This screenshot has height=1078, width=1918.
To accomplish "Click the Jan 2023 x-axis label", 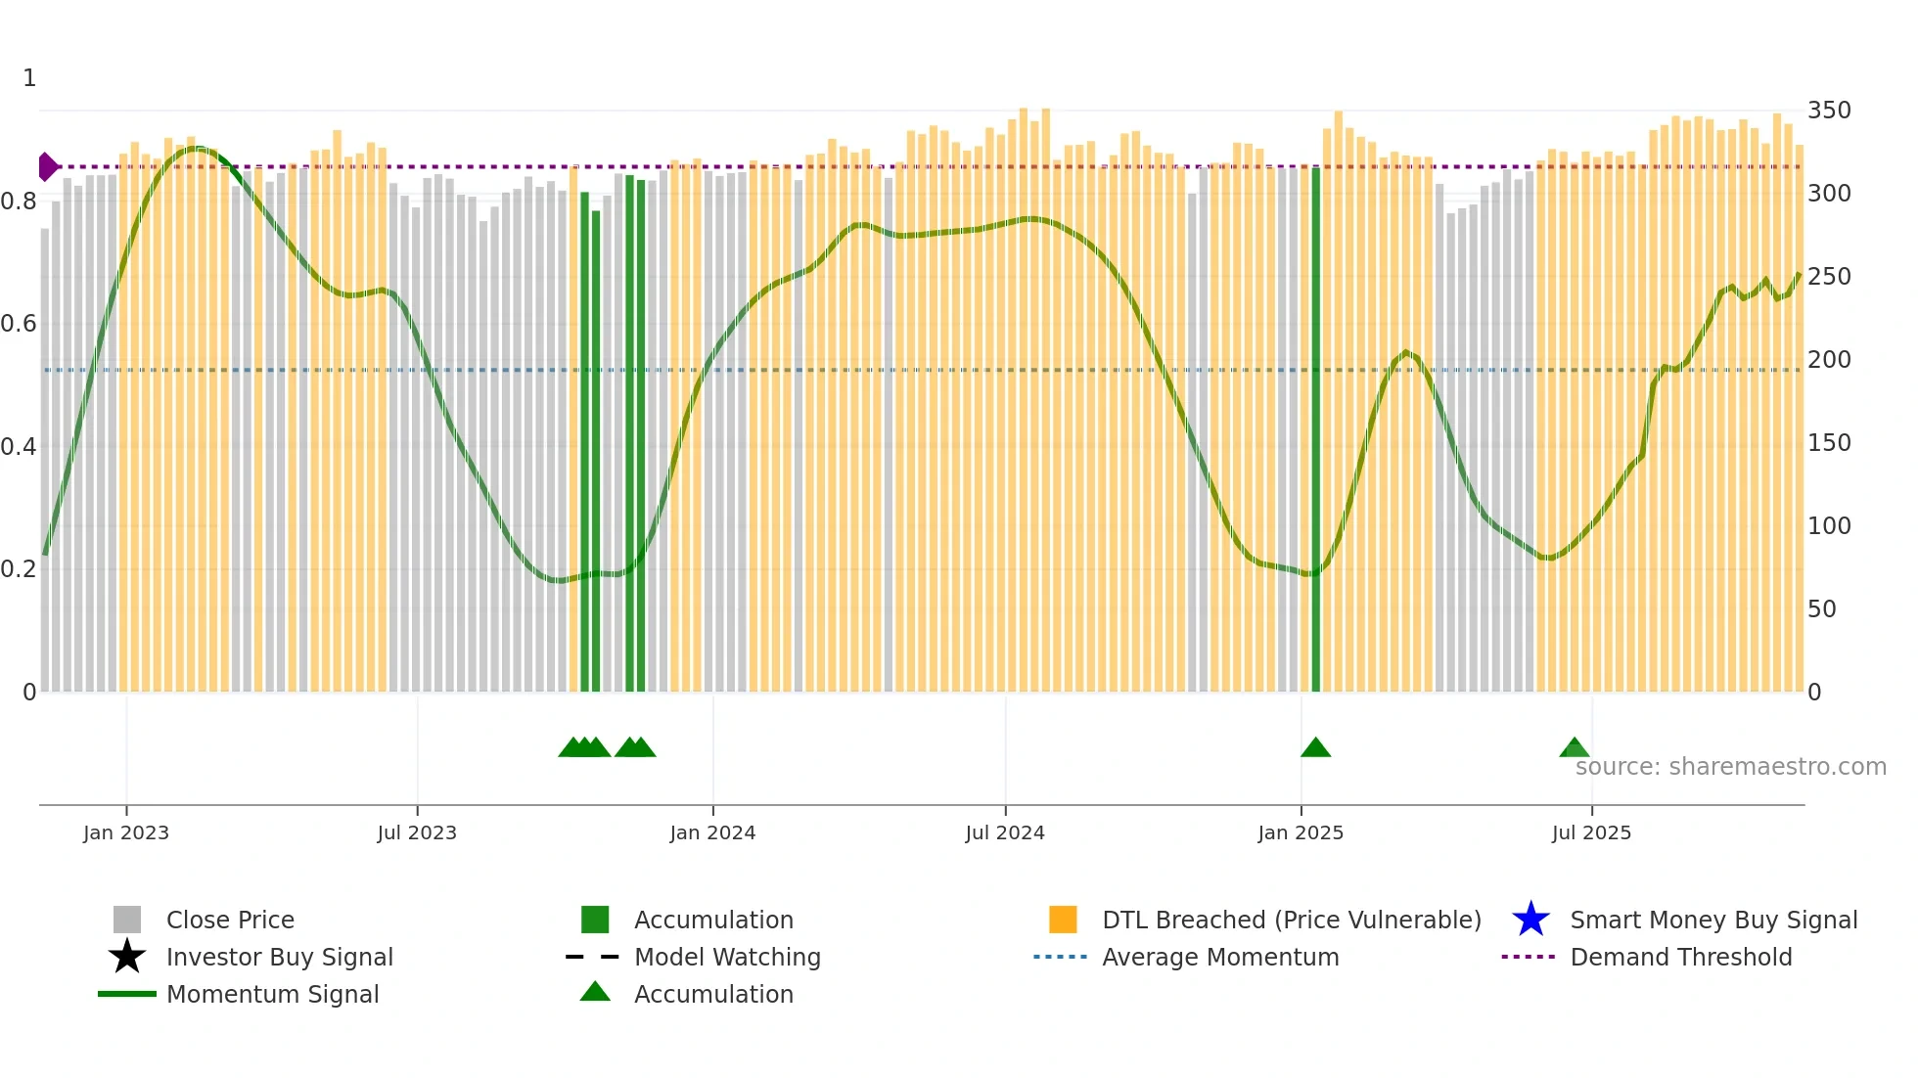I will (x=126, y=832).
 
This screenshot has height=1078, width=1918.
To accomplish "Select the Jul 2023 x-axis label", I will (x=417, y=832).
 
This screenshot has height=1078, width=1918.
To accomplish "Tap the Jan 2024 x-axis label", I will (x=712, y=832).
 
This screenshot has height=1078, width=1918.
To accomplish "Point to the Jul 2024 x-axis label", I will (x=1005, y=832).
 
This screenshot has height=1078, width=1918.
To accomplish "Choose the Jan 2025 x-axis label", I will (x=1301, y=832).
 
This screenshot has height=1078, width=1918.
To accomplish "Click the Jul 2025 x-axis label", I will (x=1591, y=832).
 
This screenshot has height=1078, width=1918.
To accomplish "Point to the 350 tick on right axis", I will (x=1829, y=111).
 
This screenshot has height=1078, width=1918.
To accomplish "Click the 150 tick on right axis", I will (x=1829, y=443).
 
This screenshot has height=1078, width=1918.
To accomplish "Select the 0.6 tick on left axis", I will (x=19, y=324).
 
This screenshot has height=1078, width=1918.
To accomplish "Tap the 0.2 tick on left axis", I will (x=19, y=569).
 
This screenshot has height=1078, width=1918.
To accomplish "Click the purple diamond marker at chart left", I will (x=47, y=167).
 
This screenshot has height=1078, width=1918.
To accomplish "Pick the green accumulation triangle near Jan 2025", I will (x=1315, y=748).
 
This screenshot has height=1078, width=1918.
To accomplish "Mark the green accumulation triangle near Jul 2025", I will (x=1574, y=748).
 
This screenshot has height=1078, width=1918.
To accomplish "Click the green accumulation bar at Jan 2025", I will (x=1316, y=430).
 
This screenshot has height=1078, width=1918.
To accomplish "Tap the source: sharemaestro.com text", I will (x=1730, y=767).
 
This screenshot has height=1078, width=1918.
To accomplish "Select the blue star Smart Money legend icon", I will (x=1530, y=920).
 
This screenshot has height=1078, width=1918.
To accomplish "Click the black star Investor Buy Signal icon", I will (x=127, y=957).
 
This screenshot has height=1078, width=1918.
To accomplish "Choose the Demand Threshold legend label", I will (x=1680, y=957).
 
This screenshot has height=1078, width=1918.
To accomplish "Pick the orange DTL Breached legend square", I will (x=1063, y=920).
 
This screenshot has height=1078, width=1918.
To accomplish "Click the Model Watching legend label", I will (x=727, y=957).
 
